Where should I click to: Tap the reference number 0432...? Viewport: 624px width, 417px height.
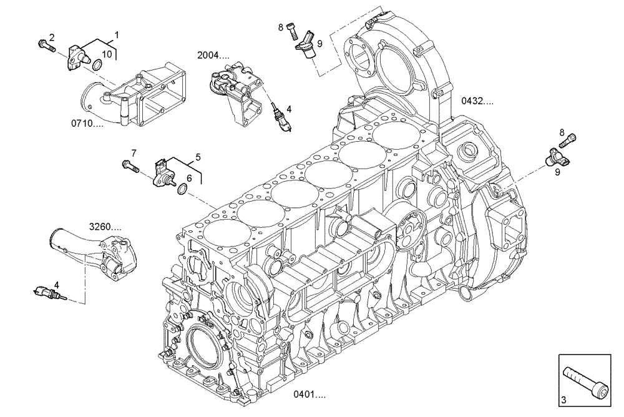coord(477,100)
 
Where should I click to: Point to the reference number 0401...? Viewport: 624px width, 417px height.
coord(310,394)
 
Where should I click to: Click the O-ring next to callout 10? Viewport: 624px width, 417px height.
coord(97,66)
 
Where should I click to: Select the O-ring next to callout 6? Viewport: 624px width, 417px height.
coord(182,189)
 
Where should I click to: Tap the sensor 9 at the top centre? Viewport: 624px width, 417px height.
coord(306,47)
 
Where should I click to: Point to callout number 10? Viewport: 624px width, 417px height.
coord(107,54)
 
